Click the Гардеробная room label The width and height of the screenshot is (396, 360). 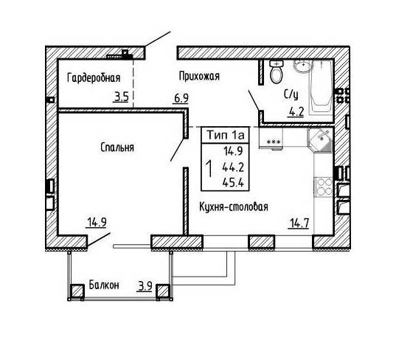(94, 77)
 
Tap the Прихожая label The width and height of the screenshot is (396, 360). (199, 76)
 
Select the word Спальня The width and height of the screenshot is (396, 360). (117, 148)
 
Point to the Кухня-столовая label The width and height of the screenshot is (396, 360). (234, 207)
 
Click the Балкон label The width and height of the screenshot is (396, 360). (104, 285)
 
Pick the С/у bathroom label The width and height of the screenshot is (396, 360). (291, 94)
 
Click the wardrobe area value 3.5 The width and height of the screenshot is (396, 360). (122, 97)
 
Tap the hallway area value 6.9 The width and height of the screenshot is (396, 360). (181, 98)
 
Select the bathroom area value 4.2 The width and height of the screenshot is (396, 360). (296, 111)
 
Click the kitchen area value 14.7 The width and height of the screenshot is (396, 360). (299, 224)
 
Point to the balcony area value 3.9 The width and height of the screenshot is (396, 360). (145, 286)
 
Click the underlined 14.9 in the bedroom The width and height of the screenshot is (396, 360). (97, 223)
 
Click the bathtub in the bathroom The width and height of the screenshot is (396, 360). (321, 87)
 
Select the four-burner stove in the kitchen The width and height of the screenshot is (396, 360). (324, 187)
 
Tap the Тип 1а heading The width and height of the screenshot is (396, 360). (226, 135)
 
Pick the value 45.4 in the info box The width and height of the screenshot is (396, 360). (233, 182)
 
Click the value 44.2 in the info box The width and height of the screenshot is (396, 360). (233, 167)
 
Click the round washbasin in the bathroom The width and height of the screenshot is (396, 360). (303, 66)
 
